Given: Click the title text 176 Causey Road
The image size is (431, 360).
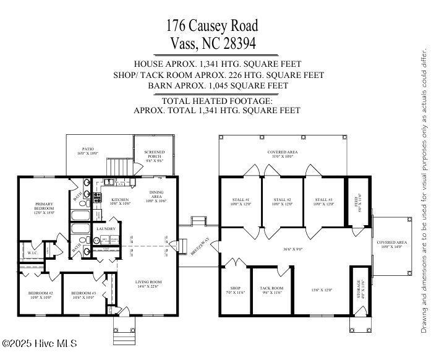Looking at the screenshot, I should [211, 26].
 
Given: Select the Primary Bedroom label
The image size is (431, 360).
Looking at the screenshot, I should [45, 207].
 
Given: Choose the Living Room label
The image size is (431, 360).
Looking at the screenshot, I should [148, 283].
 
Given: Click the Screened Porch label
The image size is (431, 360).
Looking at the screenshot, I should [154, 155].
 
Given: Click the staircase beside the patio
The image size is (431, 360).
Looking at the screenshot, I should [117, 166].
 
